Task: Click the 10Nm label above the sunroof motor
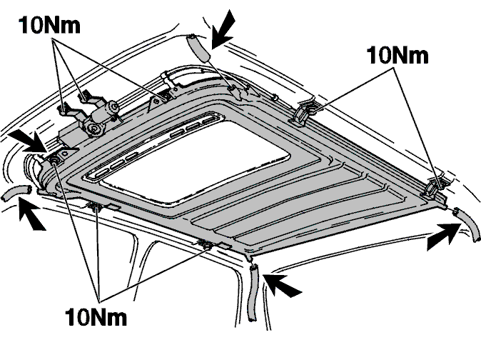click(x=50, y=25)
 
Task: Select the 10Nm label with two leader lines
click(x=398, y=56)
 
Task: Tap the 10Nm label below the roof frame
click(x=96, y=316)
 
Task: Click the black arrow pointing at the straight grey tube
click(x=223, y=29)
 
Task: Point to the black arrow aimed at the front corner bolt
click(x=29, y=142)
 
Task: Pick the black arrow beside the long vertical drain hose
click(x=283, y=286)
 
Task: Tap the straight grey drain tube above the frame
click(x=198, y=48)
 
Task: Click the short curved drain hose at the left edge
click(x=16, y=193)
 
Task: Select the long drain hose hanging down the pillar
click(x=253, y=293)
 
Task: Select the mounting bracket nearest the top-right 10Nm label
click(x=302, y=111)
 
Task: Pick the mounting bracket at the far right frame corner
click(x=432, y=188)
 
